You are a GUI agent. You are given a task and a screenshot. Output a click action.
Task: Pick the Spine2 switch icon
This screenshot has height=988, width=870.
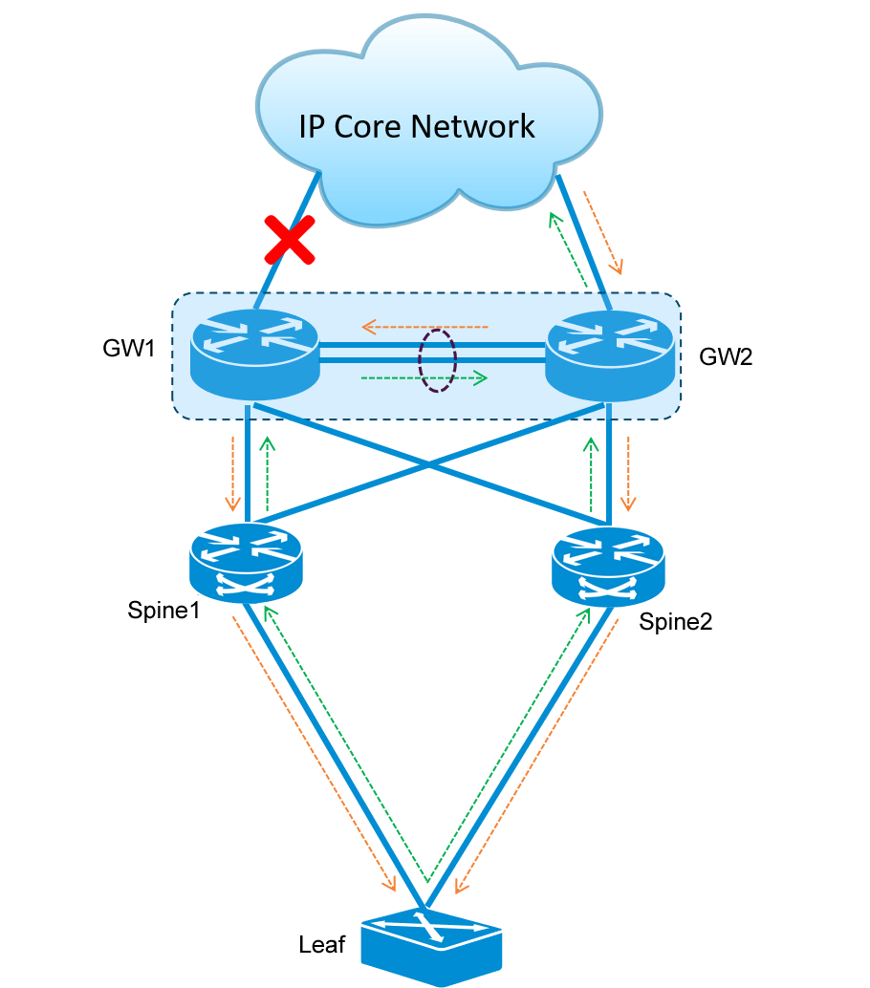(x=608, y=565)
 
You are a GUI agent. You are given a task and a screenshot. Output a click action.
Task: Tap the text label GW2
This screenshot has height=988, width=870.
(x=727, y=357)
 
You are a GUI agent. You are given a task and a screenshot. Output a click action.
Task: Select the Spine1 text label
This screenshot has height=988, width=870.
(x=163, y=610)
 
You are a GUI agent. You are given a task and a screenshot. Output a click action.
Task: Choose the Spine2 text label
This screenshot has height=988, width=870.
(x=675, y=622)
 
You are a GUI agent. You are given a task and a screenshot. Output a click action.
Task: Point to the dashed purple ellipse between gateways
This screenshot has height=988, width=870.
(x=438, y=360)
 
